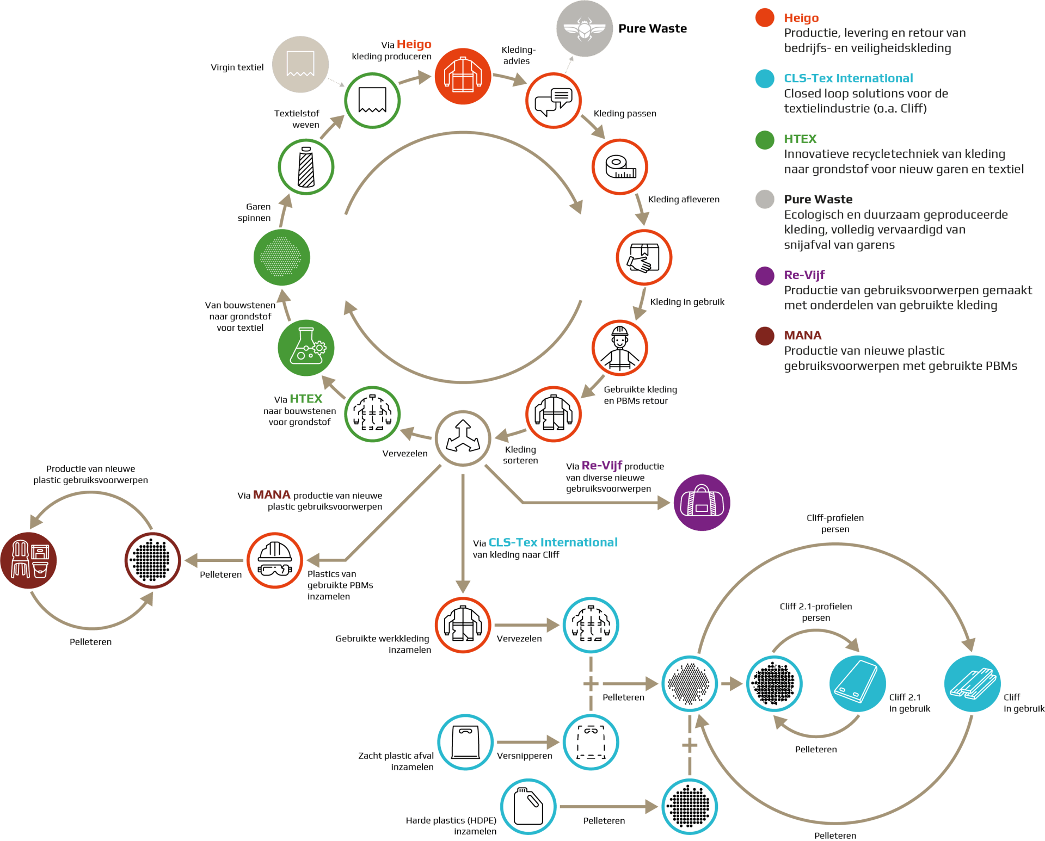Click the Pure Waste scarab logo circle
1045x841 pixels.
tap(585, 28)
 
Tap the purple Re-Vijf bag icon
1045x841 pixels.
tap(702, 503)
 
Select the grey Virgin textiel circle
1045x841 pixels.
tap(300, 64)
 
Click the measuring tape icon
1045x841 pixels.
tap(620, 166)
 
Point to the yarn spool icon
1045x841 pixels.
tap(306, 166)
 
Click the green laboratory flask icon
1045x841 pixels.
tap(306, 348)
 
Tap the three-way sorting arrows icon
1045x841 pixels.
tap(463, 438)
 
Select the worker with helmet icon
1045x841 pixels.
tap(620, 348)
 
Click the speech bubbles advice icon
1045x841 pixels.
tap(554, 101)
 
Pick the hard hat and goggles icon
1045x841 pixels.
tap(275, 560)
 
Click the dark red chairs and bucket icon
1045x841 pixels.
tap(28, 560)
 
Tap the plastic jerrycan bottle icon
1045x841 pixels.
tap(528, 806)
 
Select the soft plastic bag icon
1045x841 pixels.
tap(465, 742)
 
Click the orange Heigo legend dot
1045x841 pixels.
tap(765, 17)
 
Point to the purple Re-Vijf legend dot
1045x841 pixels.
tap(765, 276)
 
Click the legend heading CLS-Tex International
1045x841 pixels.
tap(848, 78)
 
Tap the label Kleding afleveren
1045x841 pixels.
tap(684, 199)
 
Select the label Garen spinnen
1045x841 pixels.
tap(254, 212)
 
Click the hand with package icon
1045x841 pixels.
tap(644, 257)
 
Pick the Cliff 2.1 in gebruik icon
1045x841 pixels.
tap(857, 684)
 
